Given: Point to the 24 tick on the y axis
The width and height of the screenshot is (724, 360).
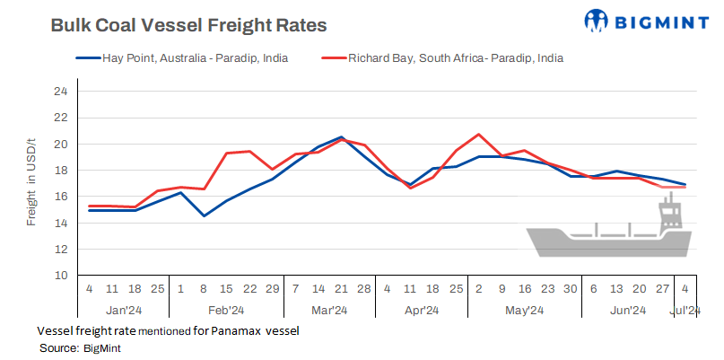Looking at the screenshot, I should pos(60,92).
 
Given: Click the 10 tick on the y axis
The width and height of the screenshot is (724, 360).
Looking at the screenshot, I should pos(60,276).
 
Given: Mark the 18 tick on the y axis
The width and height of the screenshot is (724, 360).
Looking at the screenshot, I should pos(60,171).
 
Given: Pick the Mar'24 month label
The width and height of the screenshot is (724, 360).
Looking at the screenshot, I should pos(329,311).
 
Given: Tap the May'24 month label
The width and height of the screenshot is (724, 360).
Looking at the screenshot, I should pos(524,311).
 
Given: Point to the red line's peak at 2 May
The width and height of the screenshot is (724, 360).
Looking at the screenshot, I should pos(479,135).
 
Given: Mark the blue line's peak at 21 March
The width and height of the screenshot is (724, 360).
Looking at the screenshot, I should pos(342,137).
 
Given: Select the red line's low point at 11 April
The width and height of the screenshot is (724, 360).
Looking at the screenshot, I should pos(411,188).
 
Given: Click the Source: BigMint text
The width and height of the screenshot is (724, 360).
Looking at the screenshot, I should pos(80,347).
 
